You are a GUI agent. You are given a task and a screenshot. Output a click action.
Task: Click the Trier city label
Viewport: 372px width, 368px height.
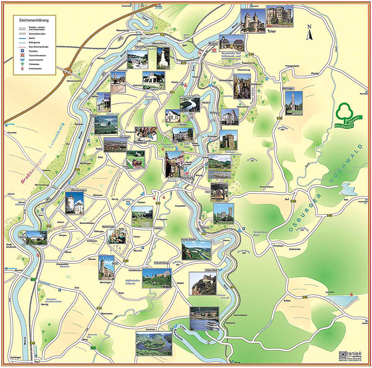pyautogui.click(x=272, y=31)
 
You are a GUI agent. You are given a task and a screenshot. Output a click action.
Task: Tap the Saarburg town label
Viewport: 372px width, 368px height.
pyautogui.click(x=187, y=178)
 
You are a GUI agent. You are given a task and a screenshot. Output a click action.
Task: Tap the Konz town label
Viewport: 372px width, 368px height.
pyautogui.click(x=213, y=44)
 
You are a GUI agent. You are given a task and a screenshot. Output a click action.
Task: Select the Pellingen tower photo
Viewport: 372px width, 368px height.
pyautogui.click(x=294, y=103)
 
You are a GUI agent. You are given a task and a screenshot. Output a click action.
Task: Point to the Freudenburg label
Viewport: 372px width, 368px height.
pyautogui.click(x=161, y=263)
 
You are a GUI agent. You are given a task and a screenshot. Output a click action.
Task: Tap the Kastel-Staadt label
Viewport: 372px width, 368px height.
pyautogui.click(x=188, y=239)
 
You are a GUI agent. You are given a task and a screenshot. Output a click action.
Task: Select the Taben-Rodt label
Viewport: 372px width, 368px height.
pyautogui.click(x=211, y=270)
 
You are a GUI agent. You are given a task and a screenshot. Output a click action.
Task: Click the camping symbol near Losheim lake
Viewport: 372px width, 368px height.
pyautogui.click(x=351, y=294)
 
